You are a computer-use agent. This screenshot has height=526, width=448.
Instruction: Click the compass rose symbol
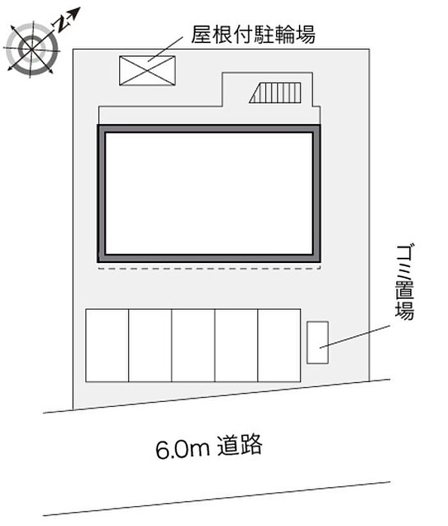point(31,47)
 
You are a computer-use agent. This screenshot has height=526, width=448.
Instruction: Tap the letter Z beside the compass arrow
point(60,25)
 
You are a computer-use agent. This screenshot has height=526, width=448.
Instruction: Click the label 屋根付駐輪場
point(253,35)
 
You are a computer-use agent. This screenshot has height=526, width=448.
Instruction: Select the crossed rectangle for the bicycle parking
point(147,70)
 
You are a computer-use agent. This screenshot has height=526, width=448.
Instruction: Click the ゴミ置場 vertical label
point(404,282)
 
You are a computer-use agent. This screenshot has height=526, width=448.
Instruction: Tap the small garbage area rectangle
point(317,342)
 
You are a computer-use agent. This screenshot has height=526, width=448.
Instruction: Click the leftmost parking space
point(107,346)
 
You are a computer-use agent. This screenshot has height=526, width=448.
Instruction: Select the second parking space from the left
point(150,346)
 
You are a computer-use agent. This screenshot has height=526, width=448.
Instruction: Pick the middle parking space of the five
point(193,346)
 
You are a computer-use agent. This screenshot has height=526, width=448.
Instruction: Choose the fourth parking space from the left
point(236,346)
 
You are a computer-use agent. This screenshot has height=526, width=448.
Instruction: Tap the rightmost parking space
point(279,346)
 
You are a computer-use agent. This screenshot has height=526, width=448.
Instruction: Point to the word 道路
point(240,445)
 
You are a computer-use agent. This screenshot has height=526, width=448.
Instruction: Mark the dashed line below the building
point(209,269)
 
